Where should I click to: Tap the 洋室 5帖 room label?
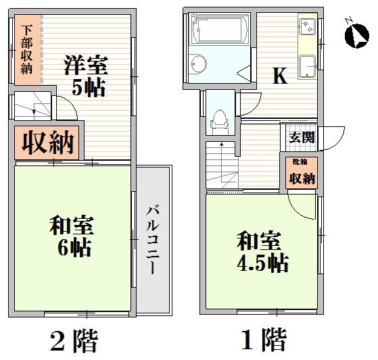tap(86, 76)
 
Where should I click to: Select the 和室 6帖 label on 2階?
tap(72, 236)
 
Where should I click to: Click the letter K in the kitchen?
tap(280, 76)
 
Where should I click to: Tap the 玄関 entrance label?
tap(302, 138)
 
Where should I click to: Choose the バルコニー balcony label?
tap(153, 240)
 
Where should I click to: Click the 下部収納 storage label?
tap(26, 49)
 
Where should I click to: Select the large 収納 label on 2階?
tap(48, 143)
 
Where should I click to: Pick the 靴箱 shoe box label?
tap(300, 162)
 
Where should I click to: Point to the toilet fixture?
tap(218, 122)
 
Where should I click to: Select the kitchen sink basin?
tap(307, 67)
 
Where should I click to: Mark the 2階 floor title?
tap(74, 340)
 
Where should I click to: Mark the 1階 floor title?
tap(264, 340)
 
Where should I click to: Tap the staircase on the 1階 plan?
tap(222, 165)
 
